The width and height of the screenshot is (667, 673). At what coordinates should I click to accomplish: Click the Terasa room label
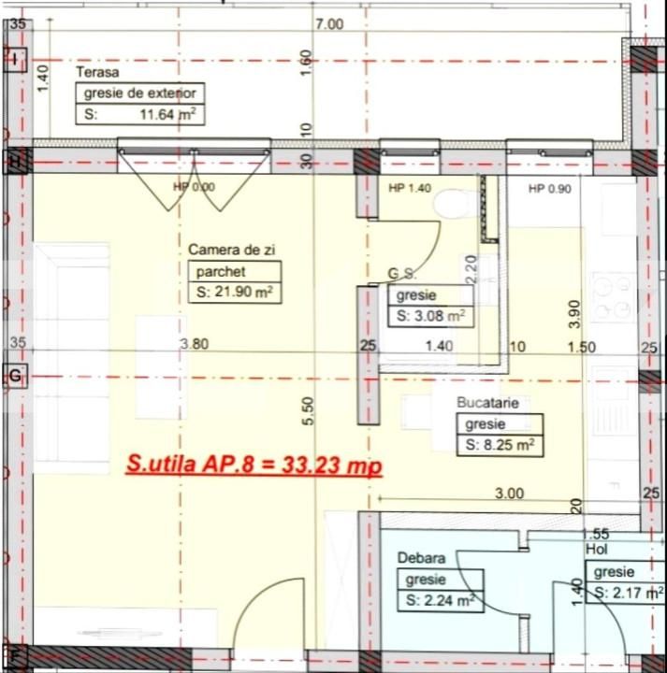(x=97, y=72)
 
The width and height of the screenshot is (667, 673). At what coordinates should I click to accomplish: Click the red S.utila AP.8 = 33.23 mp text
(x=254, y=464)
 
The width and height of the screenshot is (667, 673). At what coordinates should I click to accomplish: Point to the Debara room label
(x=420, y=557)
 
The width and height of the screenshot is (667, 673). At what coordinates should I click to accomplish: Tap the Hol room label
(x=596, y=550)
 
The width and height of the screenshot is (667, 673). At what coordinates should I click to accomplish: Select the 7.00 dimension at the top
(x=329, y=23)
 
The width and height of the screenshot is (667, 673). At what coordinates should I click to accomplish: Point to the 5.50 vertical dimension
(x=308, y=411)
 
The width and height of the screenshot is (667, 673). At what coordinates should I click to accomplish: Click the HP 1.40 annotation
(x=409, y=188)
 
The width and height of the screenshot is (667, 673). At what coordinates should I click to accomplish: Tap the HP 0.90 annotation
(x=549, y=188)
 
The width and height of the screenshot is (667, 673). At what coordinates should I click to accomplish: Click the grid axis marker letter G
(x=15, y=376)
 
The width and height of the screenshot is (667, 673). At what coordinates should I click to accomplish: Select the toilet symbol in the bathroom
(x=457, y=200)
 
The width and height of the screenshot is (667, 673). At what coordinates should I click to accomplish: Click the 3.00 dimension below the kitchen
(x=509, y=494)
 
